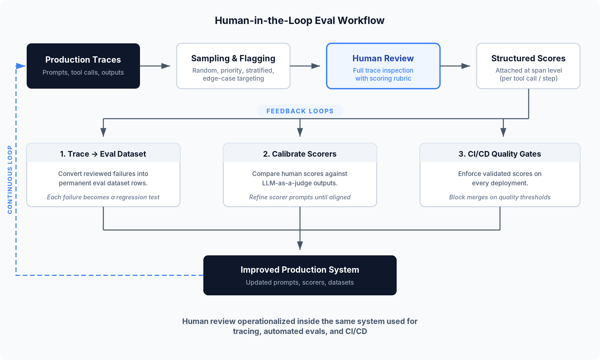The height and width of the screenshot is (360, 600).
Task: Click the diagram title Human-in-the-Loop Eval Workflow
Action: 299,21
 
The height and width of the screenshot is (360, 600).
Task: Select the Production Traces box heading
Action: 83,60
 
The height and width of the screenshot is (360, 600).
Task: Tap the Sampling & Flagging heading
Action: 233,58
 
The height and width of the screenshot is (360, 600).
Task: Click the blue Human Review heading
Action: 383,58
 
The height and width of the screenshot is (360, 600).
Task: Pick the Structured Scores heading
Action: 528,58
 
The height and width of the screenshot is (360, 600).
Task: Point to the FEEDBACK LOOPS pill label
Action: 300,111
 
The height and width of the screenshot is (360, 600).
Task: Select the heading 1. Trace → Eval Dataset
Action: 103,154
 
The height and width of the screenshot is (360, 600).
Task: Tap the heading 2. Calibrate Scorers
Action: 300,154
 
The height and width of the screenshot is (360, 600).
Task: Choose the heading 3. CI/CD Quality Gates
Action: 499,154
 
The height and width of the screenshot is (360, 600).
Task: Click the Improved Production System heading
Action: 300,270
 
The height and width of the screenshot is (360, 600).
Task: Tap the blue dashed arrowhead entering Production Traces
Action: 21,66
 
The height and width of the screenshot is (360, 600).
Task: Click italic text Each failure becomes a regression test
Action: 103,197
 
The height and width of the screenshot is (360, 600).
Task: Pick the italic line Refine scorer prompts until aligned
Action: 300,197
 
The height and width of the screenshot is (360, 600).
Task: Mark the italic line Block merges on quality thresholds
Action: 499,197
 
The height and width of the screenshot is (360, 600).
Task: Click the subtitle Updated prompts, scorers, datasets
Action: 300,283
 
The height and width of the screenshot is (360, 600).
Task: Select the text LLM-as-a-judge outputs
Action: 300,183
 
